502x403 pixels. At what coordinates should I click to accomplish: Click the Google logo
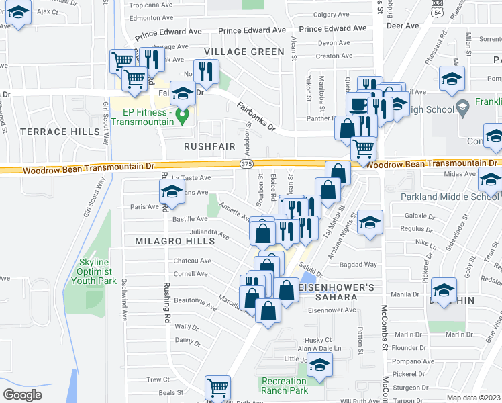pyautogui.click(x=23, y=395)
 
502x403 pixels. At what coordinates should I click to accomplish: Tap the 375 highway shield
pyautogui.click(x=246, y=163)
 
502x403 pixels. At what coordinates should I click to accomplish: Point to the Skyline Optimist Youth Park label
pyautogui.click(x=99, y=271)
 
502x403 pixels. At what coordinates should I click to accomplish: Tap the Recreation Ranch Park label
pyautogui.click(x=284, y=386)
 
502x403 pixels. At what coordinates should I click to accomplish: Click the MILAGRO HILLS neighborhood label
pyautogui.click(x=164, y=240)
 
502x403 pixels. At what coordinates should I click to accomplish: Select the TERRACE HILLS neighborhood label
pyautogui.click(x=59, y=132)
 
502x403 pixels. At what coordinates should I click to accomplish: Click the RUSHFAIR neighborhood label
pyautogui.click(x=209, y=145)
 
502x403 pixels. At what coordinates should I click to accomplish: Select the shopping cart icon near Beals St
pyautogui.click(x=217, y=388)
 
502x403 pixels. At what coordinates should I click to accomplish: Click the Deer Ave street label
pyautogui.click(x=403, y=26)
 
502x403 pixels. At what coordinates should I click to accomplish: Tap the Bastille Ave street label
pyautogui.click(x=191, y=219)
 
